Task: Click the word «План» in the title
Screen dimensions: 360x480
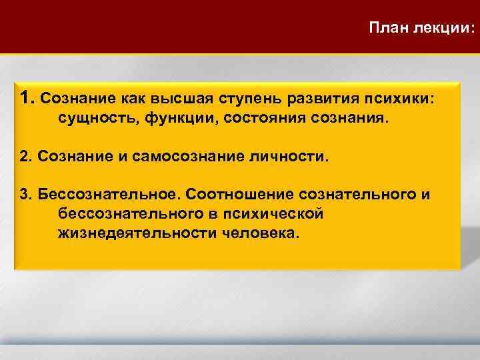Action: (391, 29)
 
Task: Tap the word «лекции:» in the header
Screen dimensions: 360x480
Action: (446, 29)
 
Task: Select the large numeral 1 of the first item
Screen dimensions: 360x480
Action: (27, 98)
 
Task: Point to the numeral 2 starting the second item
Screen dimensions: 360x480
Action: (25, 158)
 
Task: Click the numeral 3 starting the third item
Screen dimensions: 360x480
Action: (25, 195)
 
